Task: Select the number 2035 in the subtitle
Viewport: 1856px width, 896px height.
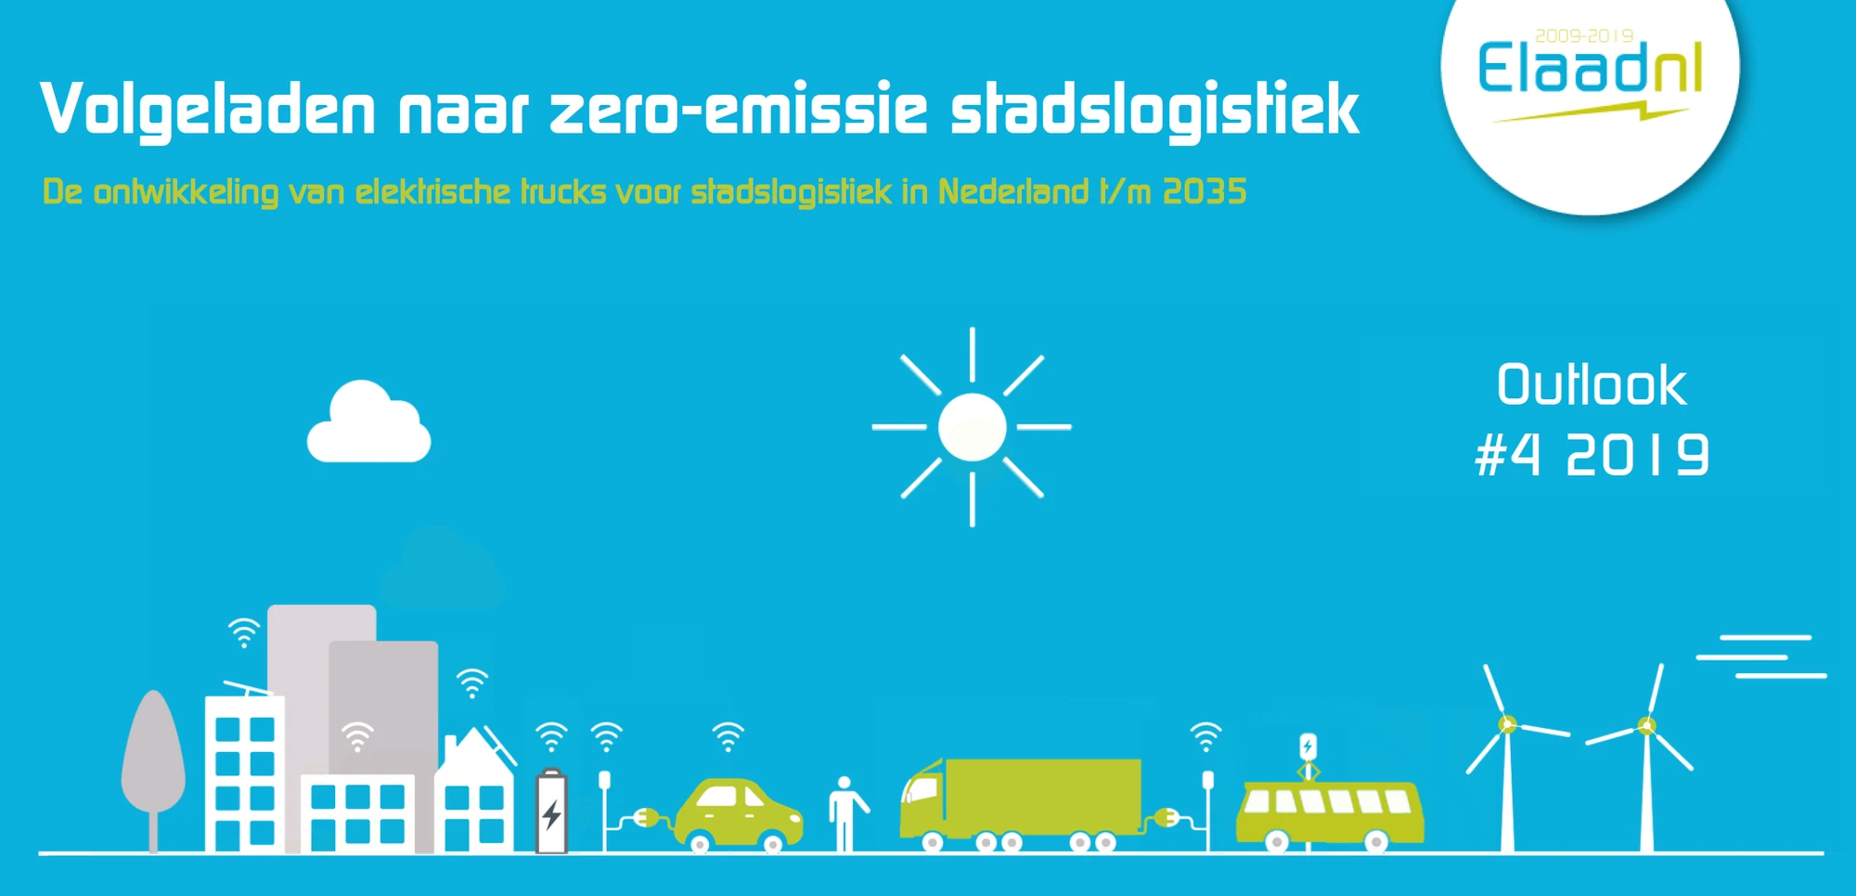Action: tap(1205, 191)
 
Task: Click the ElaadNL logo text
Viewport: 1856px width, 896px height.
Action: tap(1590, 68)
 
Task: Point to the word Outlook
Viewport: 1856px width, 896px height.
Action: tap(1592, 384)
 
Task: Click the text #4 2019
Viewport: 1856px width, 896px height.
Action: tap(1592, 455)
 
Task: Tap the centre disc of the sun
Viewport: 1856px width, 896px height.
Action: tap(972, 427)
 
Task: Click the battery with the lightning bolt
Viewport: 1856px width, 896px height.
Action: tap(551, 811)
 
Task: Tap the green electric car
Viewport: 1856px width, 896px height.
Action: tap(738, 813)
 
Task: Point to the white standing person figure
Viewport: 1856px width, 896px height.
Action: tap(845, 813)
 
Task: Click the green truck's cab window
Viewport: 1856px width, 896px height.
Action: tap(921, 789)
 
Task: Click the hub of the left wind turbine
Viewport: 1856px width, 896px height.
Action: tap(1508, 724)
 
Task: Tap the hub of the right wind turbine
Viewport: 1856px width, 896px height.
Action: tap(1646, 725)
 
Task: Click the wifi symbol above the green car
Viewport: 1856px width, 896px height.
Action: tap(728, 736)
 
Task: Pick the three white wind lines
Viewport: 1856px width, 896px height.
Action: tap(1761, 656)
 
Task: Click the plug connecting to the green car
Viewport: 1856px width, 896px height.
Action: tap(647, 817)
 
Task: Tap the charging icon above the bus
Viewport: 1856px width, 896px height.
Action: tap(1308, 747)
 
